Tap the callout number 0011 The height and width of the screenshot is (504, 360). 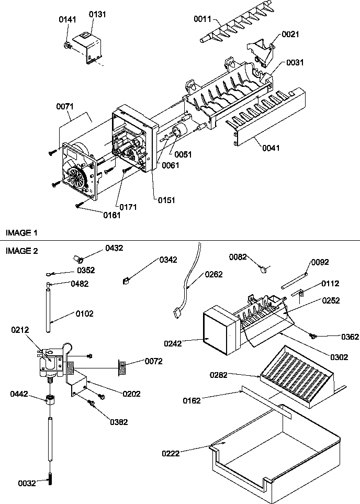pyautogui.click(x=202, y=19)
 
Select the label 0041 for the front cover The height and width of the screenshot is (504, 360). pyautogui.click(x=271, y=148)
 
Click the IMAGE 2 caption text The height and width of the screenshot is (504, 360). pyautogui.click(x=21, y=251)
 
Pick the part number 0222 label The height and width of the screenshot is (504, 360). pyautogui.click(x=171, y=453)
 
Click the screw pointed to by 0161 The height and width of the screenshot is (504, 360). pyautogui.click(x=78, y=205)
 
